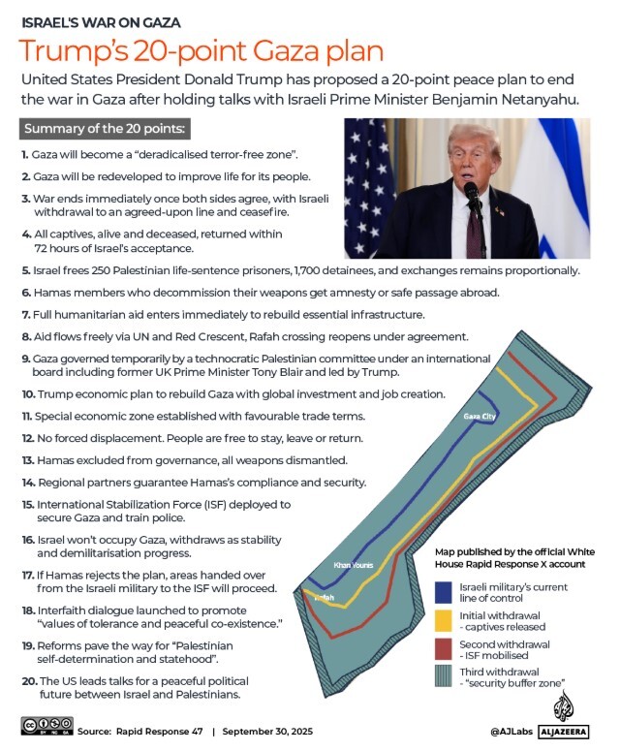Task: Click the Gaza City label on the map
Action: (480, 417)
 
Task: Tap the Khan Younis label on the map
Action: (353, 565)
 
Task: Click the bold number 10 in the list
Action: (26, 394)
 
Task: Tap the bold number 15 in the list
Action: (26, 505)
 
